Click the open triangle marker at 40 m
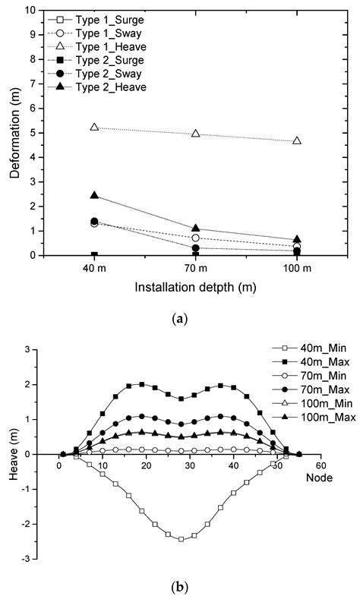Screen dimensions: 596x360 tap(94, 127)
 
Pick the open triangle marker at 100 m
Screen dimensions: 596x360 tap(297, 140)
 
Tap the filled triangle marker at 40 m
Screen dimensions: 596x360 tap(94, 195)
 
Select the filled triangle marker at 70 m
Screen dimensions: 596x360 tap(196, 228)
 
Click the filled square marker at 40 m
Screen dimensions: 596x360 tap(94, 255)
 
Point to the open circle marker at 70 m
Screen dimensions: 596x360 tap(196, 238)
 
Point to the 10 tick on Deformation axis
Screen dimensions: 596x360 tap(30, 11)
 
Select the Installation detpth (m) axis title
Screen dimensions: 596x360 tap(194, 289)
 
